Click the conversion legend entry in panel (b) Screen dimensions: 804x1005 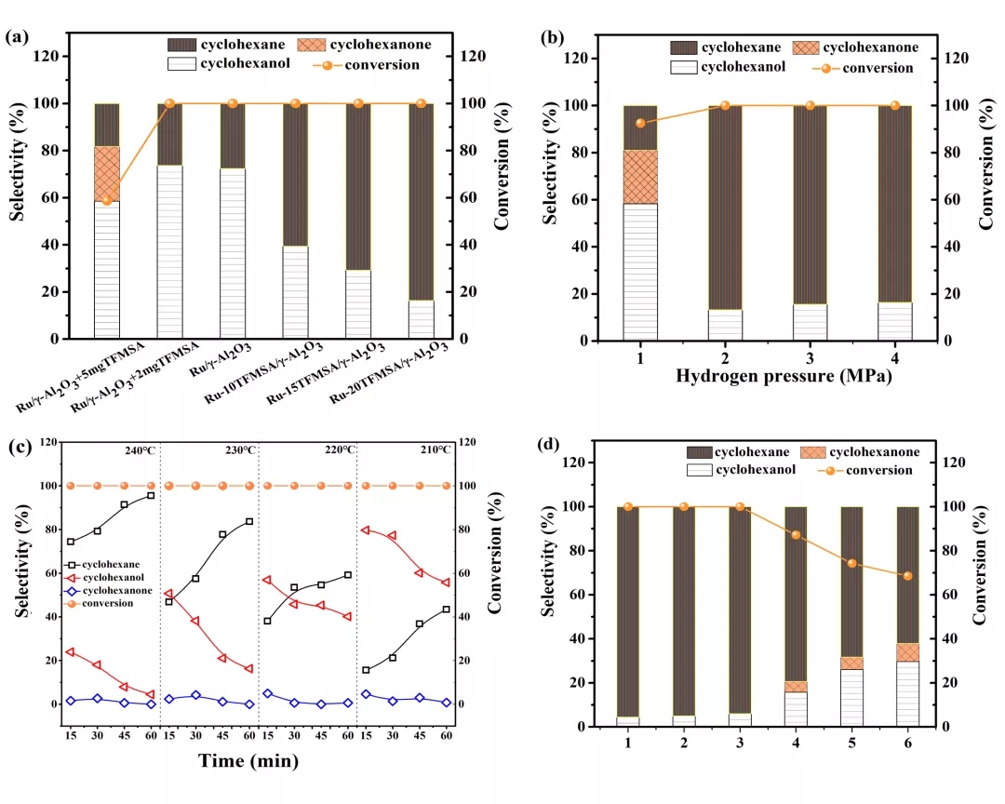[861, 68]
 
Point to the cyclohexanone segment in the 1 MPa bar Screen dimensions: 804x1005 [640, 177]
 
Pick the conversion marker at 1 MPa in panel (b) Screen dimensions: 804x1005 [640, 123]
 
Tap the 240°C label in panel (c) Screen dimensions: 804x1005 [140, 450]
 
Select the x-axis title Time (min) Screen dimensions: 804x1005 [248, 761]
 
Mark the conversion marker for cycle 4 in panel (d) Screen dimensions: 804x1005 [796, 535]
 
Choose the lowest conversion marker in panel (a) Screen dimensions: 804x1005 [107, 200]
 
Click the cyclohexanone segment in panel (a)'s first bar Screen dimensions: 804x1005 [107, 173]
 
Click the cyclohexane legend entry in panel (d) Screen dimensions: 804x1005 [735, 452]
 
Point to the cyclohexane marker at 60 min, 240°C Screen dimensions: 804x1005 [151, 496]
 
